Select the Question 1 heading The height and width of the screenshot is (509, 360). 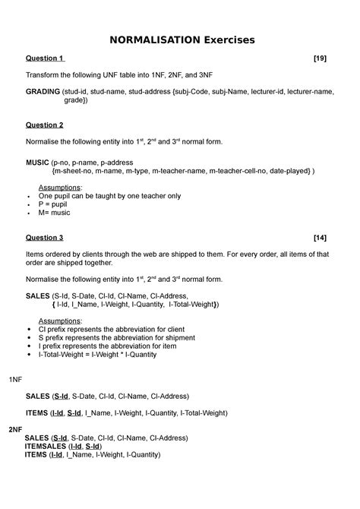click(45, 58)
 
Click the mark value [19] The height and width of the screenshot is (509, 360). click(325, 58)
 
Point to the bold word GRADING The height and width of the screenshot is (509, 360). click(43, 91)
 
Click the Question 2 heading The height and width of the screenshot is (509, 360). click(45, 125)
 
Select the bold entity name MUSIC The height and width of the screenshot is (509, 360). click(38, 162)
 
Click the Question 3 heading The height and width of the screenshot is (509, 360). click(45, 237)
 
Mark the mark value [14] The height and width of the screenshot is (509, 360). click(325, 237)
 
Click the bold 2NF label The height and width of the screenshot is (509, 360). click(16, 429)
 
